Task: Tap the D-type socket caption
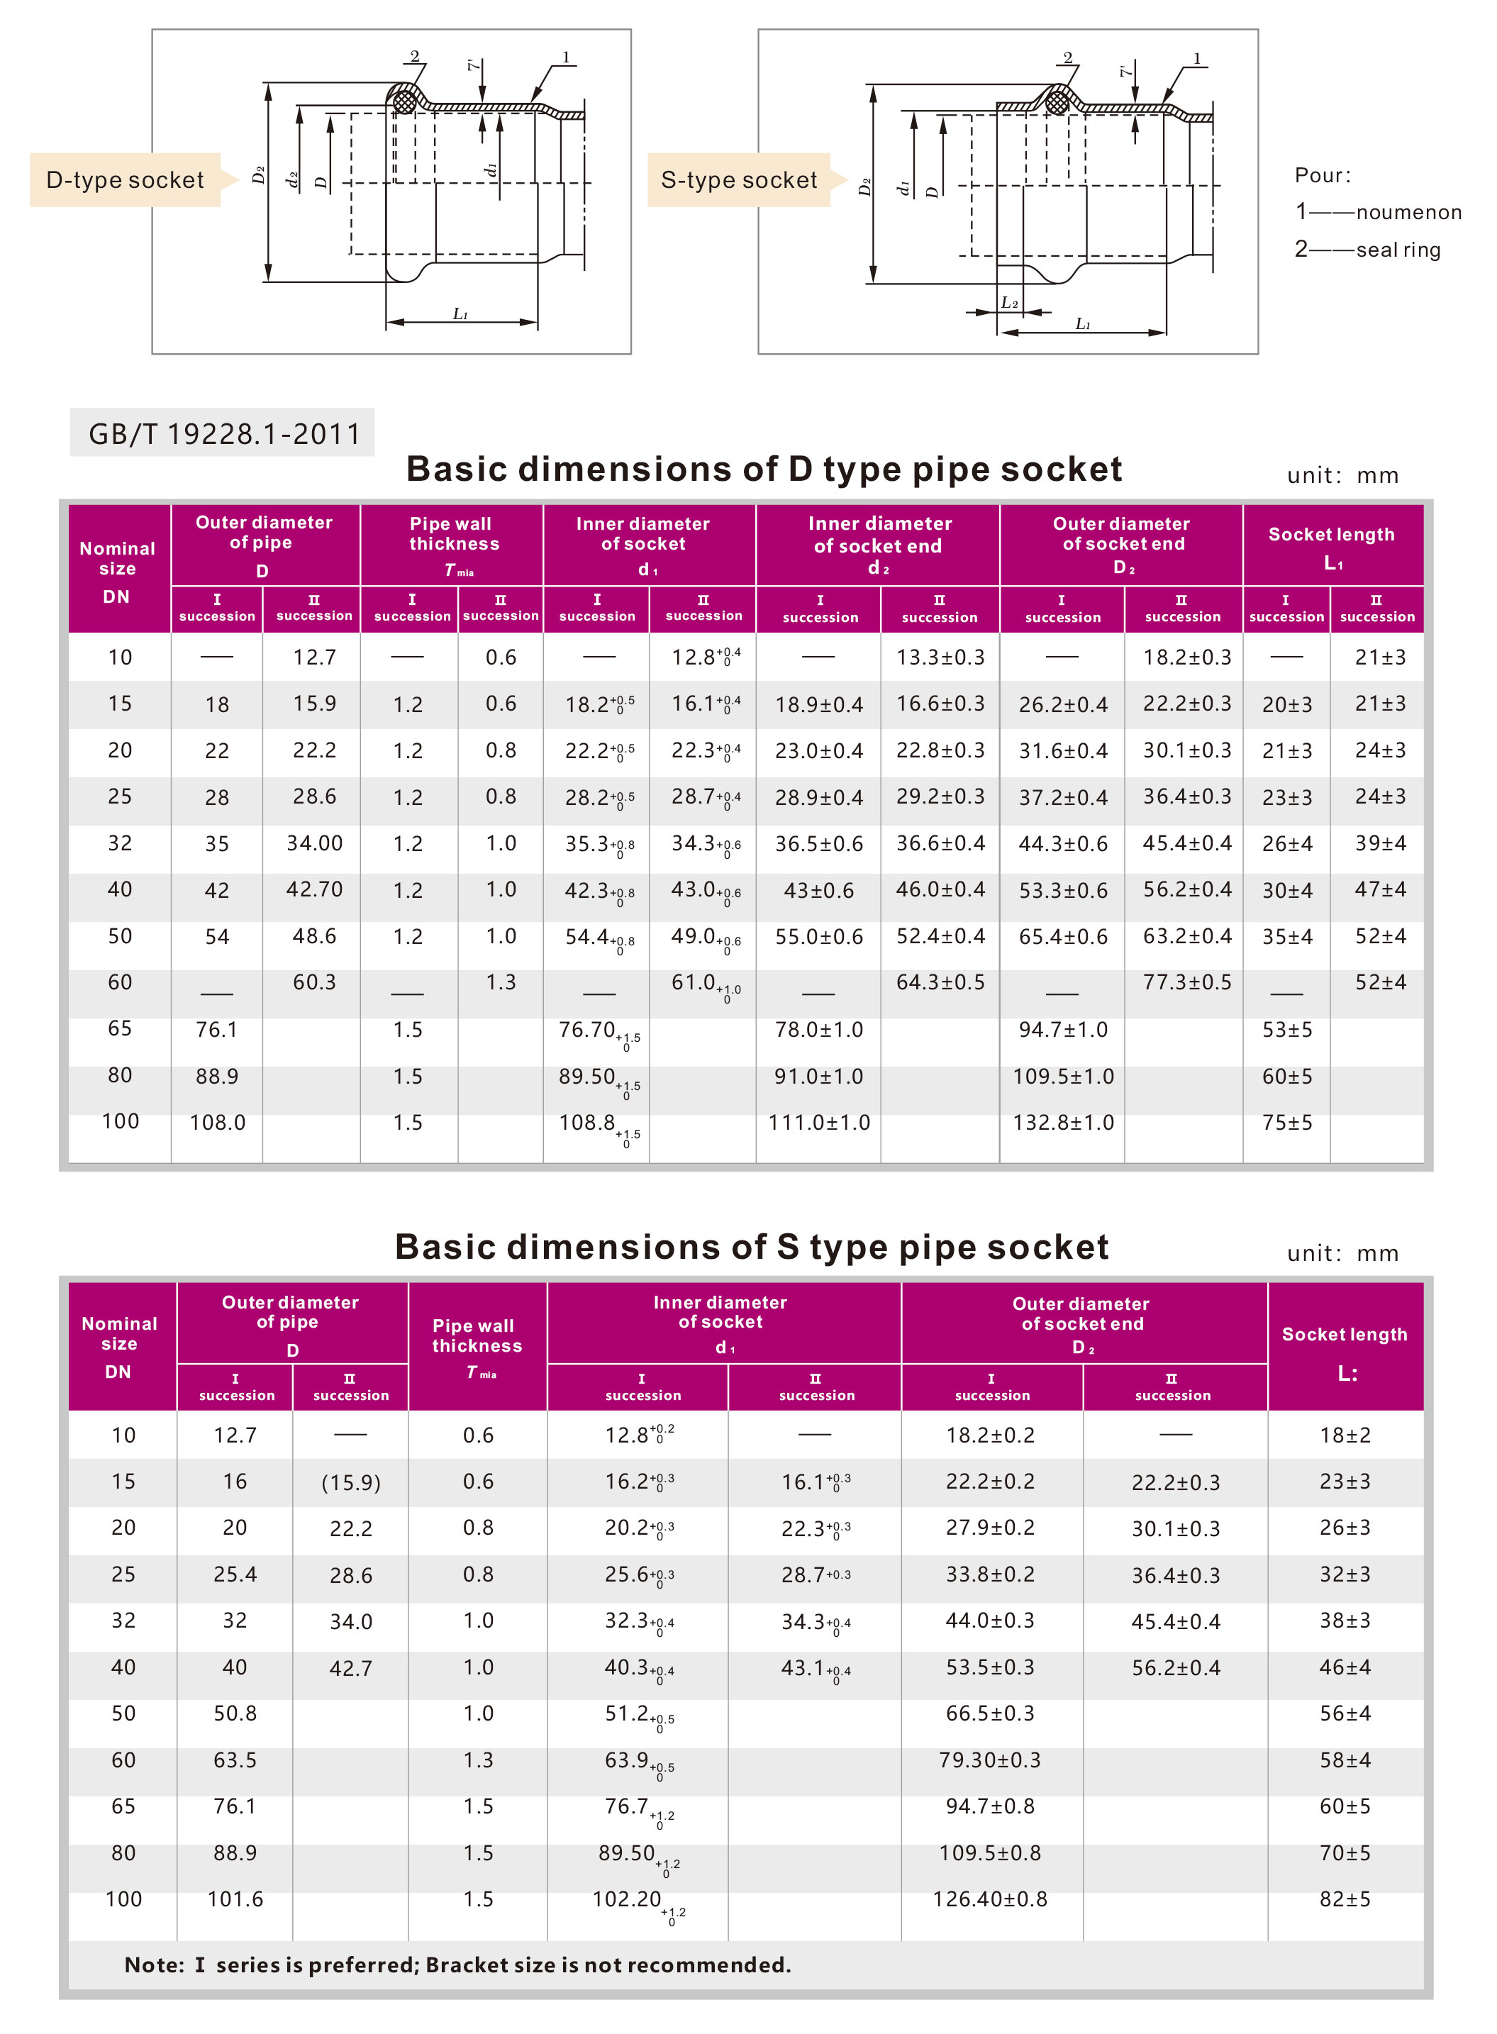coord(125,179)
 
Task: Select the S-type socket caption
coord(738,179)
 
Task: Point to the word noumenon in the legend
coord(1408,212)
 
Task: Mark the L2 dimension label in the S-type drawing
coord(1008,303)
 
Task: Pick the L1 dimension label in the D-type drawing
coord(460,313)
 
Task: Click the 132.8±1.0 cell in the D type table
coord(1062,1123)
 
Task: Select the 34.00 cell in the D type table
coord(314,843)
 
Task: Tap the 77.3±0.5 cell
coord(1186,982)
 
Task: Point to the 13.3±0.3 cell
coord(940,657)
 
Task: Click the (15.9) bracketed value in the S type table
coord(351,1482)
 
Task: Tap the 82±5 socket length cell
coord(1344,1899)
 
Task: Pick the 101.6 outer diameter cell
coord(235,1899)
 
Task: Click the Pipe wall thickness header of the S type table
coord(477,1336)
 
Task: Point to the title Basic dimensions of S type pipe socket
coord(751,1247)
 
